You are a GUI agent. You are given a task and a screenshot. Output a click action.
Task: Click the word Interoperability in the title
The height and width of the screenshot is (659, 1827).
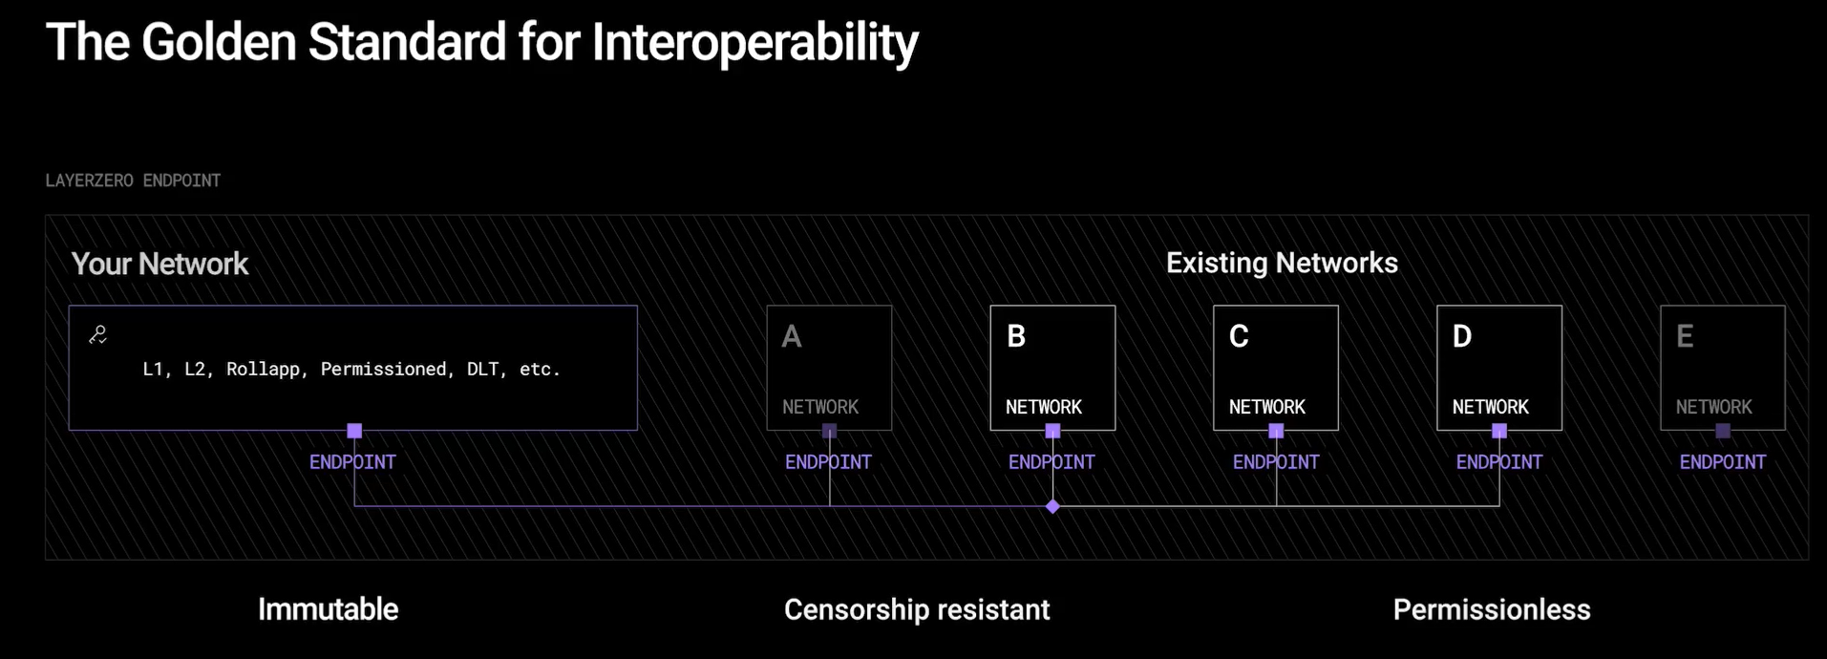coord(754,44)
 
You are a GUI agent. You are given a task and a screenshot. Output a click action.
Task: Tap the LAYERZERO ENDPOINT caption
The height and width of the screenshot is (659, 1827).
coord(133,181)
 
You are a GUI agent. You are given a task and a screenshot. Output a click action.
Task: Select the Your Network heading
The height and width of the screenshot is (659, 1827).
coord(159,264)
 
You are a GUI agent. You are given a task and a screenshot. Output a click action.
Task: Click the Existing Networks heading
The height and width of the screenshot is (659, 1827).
coord(1282,263)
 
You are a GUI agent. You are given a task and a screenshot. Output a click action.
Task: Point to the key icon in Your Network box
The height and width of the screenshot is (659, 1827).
coord(97,334)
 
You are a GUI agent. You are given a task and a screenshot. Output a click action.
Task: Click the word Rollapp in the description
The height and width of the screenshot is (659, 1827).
coord(264,369)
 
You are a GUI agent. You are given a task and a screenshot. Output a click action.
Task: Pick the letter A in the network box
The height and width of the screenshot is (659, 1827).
coord(792,336)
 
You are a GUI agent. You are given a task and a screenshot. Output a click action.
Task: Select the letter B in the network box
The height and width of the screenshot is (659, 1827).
coord(1016,336)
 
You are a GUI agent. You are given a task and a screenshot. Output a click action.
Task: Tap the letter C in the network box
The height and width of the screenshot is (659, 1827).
coord(1239,336)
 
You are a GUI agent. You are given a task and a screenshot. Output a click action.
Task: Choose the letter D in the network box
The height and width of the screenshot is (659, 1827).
coord(1462,336)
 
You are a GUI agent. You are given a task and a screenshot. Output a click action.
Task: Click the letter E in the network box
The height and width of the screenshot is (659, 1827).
coord(1685,336)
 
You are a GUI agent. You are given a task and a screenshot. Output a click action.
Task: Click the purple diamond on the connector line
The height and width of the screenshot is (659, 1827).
coord(1052,506)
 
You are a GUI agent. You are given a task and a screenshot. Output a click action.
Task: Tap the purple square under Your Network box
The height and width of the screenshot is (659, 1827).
coord(354,431)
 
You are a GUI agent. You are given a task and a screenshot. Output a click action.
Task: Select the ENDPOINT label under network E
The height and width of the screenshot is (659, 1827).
coord(1723,462)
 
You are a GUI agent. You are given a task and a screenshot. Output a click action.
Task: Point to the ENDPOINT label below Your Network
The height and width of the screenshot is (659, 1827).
coord(352,462)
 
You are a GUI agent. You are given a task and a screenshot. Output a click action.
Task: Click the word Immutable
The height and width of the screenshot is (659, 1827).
coord(328,609)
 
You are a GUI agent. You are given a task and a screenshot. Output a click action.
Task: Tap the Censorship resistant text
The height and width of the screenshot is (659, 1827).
coord(917,609)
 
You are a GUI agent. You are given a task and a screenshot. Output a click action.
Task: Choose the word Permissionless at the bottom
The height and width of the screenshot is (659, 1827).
coord(1492,609)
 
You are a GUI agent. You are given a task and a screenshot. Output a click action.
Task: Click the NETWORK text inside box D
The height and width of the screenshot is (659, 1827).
coord(1491,407)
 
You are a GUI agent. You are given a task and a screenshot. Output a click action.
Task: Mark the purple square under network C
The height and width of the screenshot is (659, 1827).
coord(1276,431)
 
